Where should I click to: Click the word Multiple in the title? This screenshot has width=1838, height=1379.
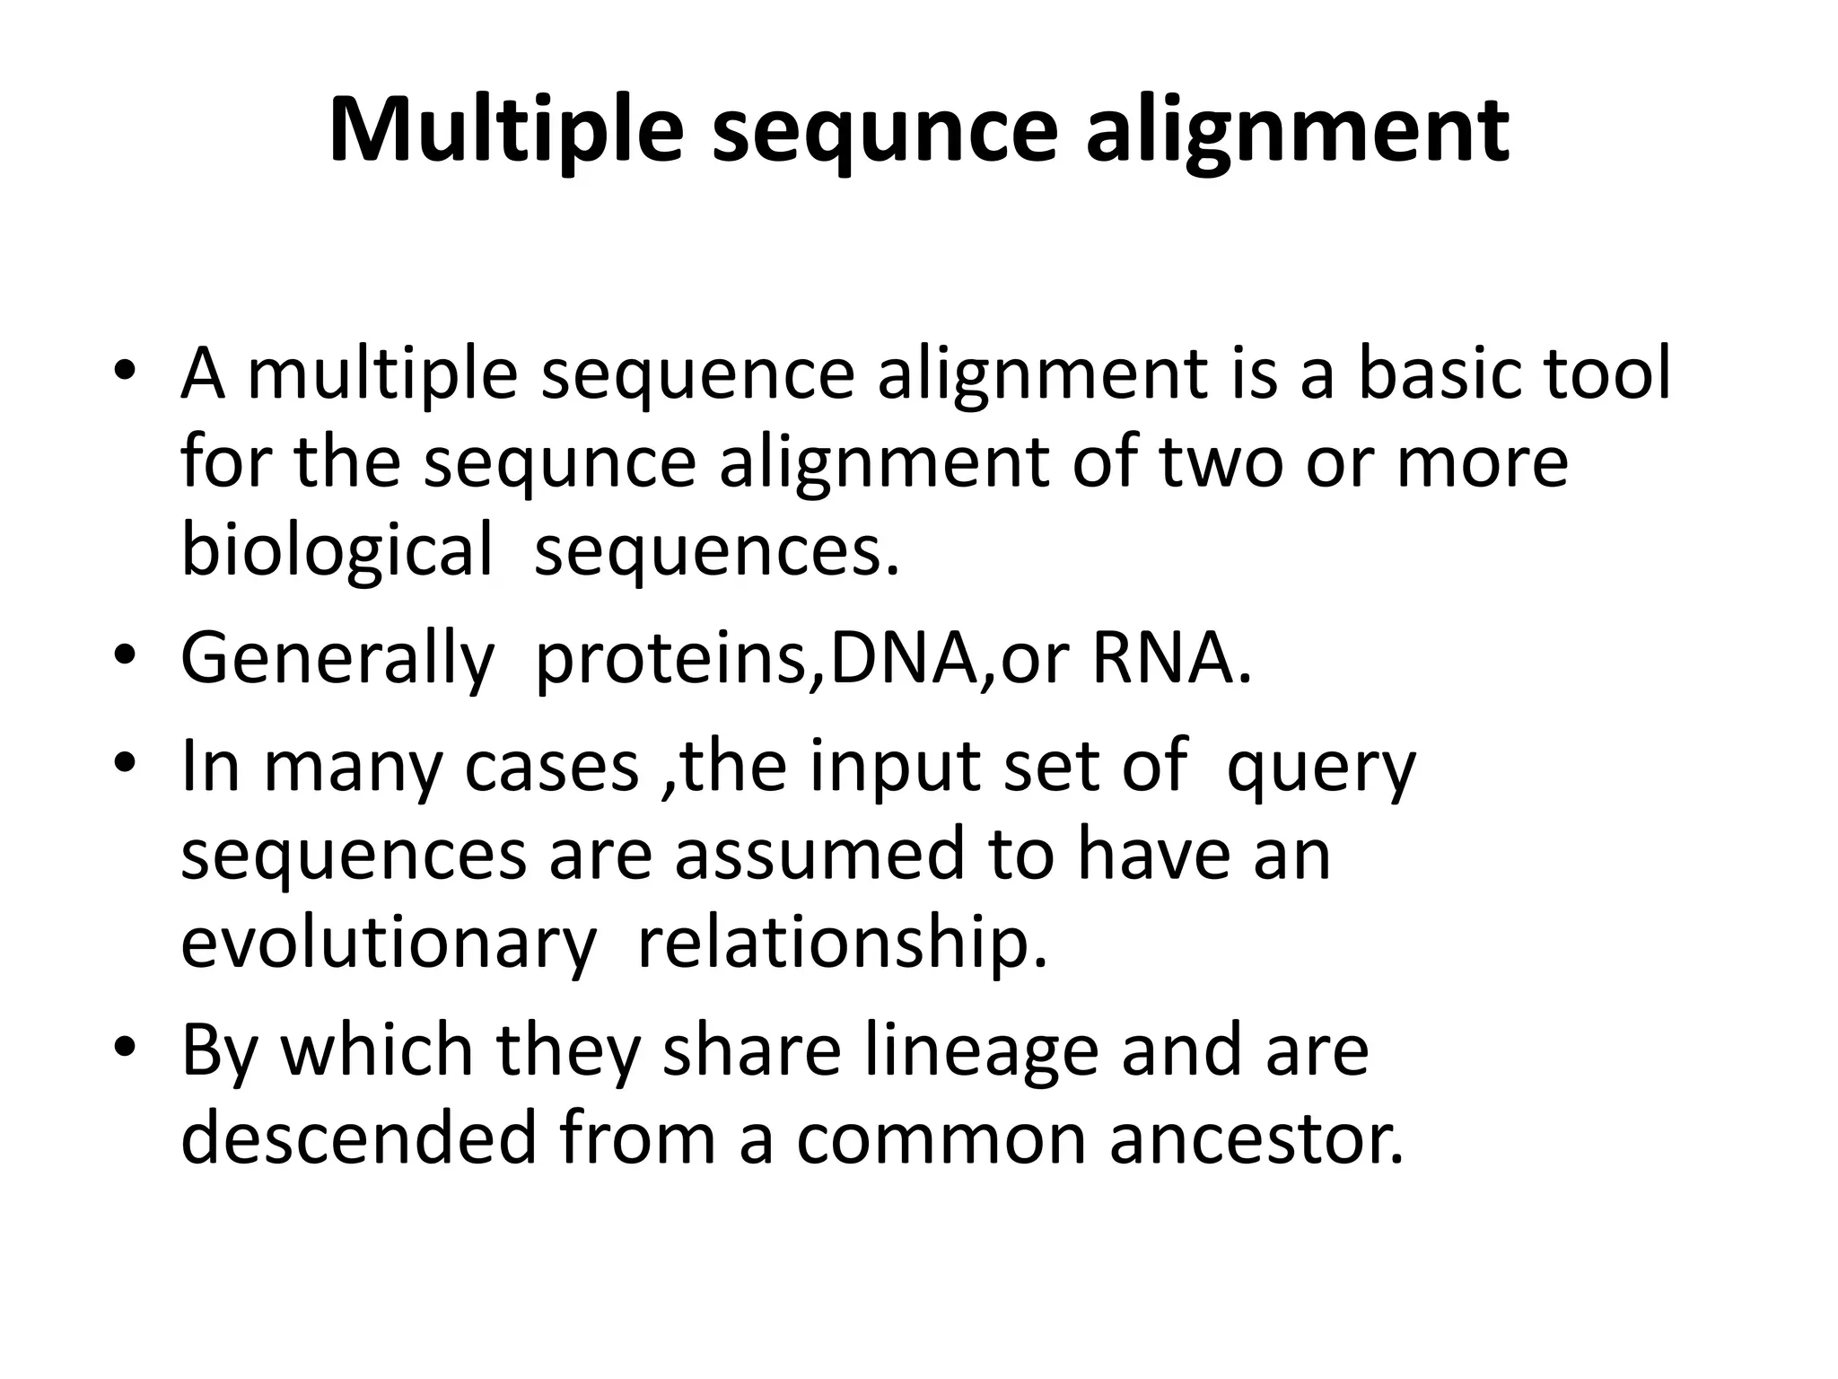click(x=505, y=131)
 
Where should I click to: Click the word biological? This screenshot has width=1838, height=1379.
click(x=337, y=550)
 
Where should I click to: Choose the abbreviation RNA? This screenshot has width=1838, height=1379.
click(x=1171, y=658)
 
